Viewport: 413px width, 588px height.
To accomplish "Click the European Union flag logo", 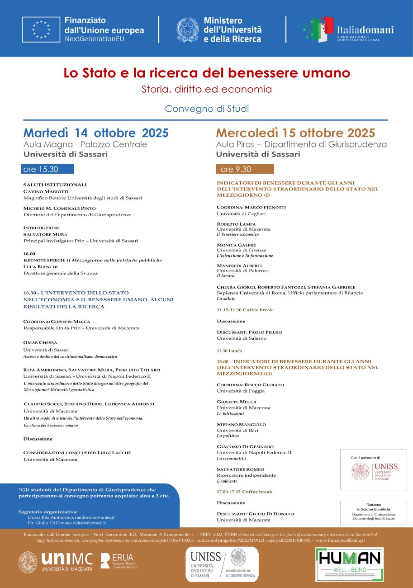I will pyautogui.click(x=41, y=29).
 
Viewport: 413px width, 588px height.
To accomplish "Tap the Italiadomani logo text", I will pyautogui.click(x=365, y=30).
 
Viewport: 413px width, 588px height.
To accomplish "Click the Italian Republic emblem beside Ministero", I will pyautogui.click(x=187, y=30).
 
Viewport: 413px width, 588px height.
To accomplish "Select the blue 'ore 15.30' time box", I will pyautogui.click(x=47, y=169).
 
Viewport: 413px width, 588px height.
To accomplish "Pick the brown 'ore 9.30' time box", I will pyautogui.click(x=244, y=169).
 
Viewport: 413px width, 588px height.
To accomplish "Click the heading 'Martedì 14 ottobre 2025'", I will pyautogui.click(x=96, y=133).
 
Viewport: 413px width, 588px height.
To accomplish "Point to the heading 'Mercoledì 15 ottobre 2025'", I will pyautogui.click(x=295, y=133).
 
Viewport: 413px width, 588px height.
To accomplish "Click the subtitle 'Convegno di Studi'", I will pyautogui.click(x=207, y=109).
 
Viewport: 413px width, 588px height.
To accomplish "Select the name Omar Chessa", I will pyautogui.click(x=40, y=342).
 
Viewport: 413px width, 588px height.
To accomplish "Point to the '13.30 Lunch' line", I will pyautogui.click(x=229, y=351).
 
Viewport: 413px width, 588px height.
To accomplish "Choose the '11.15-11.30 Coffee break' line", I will pyautogui.click(x=245, y=310).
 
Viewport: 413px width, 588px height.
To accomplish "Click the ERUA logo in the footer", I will pyautogui.click(x=119, y=561).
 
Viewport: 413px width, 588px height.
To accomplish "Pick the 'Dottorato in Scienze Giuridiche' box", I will pyautogui.click(x=374, y=512).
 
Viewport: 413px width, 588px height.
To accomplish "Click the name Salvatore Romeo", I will pyautogui.click(x=240, y=469).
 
